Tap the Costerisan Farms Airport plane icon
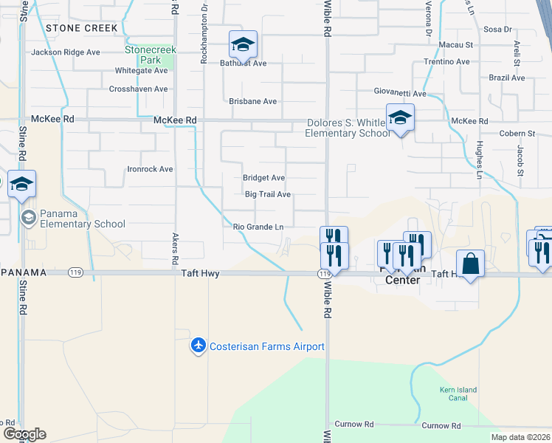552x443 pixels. point(198,346)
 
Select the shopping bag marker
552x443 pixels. point(470,264)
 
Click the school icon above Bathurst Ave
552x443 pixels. point(242,44)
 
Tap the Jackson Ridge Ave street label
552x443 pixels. point(65,52)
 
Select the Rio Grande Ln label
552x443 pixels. point(258,227)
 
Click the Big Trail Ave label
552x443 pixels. point(268,195)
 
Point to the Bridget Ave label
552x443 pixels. point(263,178)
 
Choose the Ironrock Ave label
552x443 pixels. point(149,169)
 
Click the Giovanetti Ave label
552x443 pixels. point(399,94)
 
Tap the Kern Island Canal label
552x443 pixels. point(463,394)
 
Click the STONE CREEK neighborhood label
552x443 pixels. point(81,27)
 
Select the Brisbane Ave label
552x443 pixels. point(252,101)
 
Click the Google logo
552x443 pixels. point(24,434)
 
